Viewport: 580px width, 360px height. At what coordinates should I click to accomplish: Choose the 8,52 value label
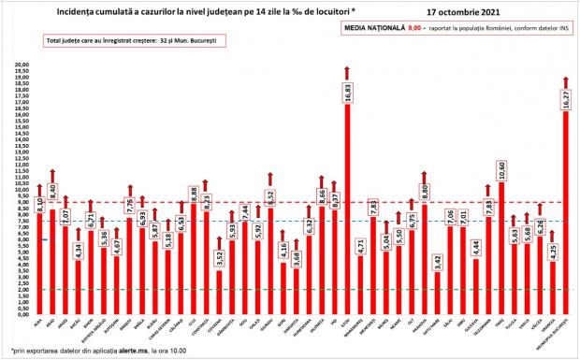(269, 196)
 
